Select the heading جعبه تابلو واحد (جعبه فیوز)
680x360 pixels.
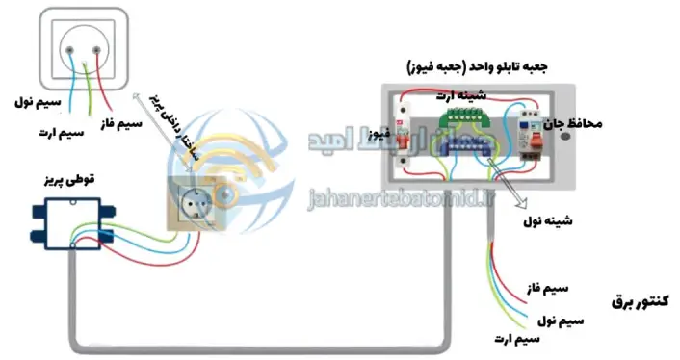point(479,69)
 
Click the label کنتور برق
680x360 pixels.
point(640,301)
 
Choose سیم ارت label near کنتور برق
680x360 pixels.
point(514,339)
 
